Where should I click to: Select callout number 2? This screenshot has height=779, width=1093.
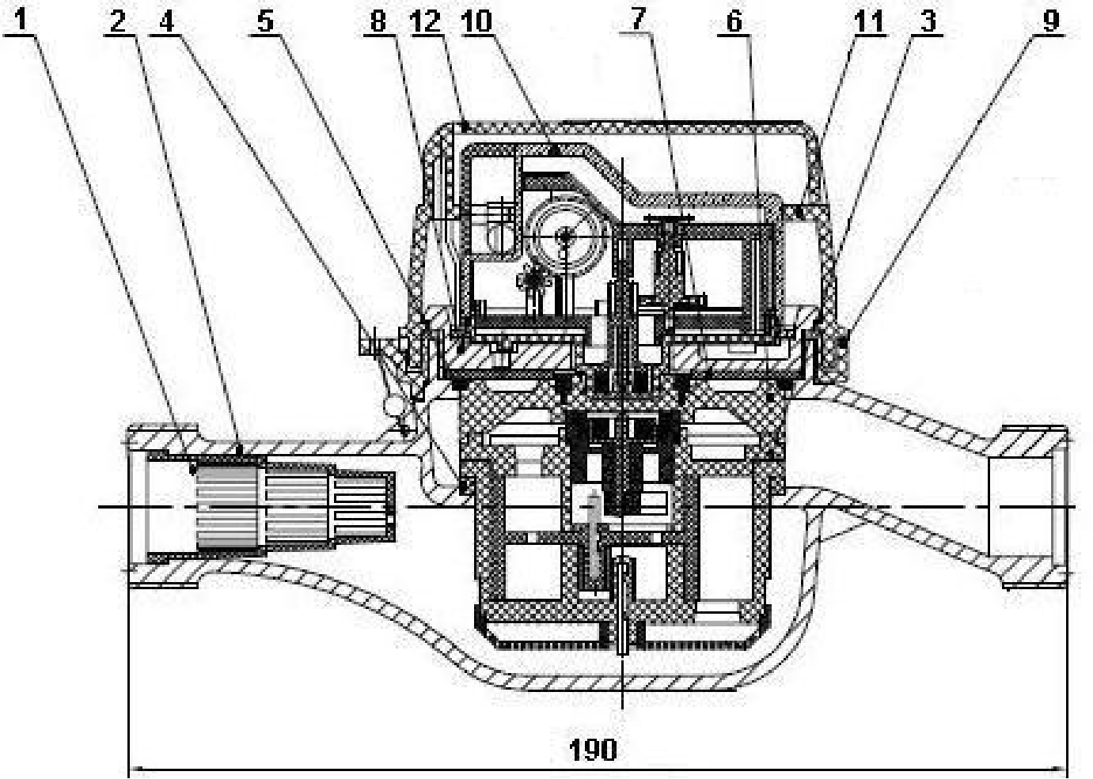[117, 21]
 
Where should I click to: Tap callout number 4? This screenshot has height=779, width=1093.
[167, 21]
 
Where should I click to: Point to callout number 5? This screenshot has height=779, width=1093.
[265, 21]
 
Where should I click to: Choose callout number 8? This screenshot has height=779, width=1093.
[378, 21]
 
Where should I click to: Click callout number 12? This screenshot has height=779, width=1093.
[426, 21]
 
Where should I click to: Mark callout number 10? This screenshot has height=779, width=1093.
[478, 21]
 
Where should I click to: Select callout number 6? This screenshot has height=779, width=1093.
[734, 21]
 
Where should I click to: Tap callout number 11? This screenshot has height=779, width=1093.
[870, 21]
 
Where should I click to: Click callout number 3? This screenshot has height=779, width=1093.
[928, 21]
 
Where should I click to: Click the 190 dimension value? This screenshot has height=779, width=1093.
[593, 750]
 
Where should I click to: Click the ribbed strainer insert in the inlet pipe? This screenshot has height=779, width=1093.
[293, 507]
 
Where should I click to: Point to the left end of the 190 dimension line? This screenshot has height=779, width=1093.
[129, 770]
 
